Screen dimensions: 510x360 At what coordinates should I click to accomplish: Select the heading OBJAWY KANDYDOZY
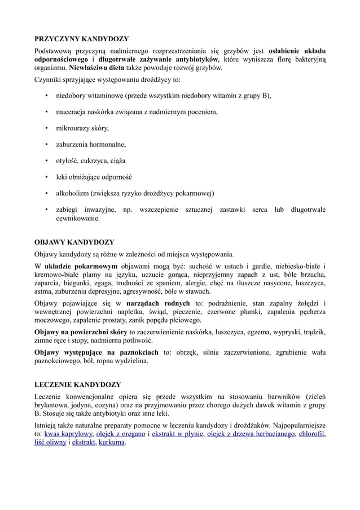click(74, 242)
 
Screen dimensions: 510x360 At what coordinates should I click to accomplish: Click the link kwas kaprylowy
click(68, 434)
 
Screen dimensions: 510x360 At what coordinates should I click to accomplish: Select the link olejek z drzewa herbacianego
click(252, 434)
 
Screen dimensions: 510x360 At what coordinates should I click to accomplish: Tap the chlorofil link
click(312, 434)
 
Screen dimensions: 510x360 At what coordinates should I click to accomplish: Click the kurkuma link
click(112, 443)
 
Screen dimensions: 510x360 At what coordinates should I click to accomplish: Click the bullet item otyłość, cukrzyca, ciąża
click(93, 160)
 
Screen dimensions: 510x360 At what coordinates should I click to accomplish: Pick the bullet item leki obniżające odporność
click(97, 176)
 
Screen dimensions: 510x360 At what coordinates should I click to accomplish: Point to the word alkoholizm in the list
click(72, 193)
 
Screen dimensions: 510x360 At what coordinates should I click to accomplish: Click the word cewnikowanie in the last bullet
click(77, 218)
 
